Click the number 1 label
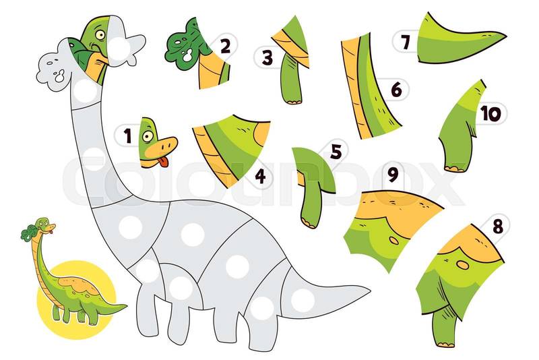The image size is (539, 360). (128, 136)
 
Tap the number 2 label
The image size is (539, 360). (225, 46)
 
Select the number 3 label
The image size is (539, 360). (267, 57)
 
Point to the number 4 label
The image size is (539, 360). (260, 176)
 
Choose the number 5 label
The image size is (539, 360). (336, 152)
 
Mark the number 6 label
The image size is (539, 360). (396, 90)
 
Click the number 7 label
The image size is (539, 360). (406, 42)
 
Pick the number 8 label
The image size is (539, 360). (498, 227)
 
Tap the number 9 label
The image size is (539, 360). (393, 174)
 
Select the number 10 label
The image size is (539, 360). (491, 113)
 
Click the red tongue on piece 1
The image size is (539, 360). (164, 162)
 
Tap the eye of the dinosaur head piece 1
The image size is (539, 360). (148, 136)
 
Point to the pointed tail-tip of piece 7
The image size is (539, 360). (505, 35)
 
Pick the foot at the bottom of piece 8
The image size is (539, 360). (446, 344)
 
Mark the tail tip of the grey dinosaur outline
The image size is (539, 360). (369, 291)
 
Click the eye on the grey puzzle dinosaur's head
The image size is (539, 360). (100, 35)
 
